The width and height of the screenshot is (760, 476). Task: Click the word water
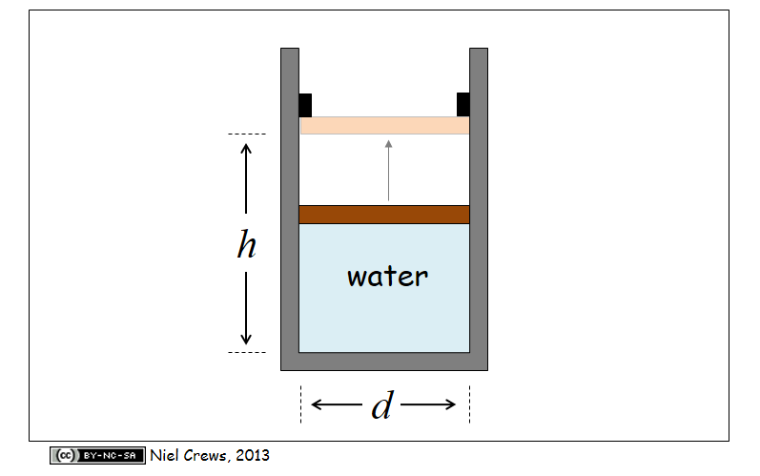387,278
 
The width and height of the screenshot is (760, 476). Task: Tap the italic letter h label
246,246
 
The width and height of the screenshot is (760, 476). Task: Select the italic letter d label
381,405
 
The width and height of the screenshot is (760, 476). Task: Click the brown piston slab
384,215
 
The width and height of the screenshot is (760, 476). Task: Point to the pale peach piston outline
384,126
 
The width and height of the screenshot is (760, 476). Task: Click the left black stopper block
305,104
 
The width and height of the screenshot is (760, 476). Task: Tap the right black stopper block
463,104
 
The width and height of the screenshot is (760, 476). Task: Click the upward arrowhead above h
246,148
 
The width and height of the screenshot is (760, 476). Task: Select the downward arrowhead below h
246,338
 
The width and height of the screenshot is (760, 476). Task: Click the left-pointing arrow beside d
329,404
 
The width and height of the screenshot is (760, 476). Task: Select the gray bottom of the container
384,361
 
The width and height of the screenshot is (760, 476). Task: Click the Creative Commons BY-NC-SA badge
98,455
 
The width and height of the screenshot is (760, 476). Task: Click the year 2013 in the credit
252,455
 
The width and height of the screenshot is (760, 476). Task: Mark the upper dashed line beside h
247,134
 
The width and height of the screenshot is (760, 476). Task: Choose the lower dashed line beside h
247,352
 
